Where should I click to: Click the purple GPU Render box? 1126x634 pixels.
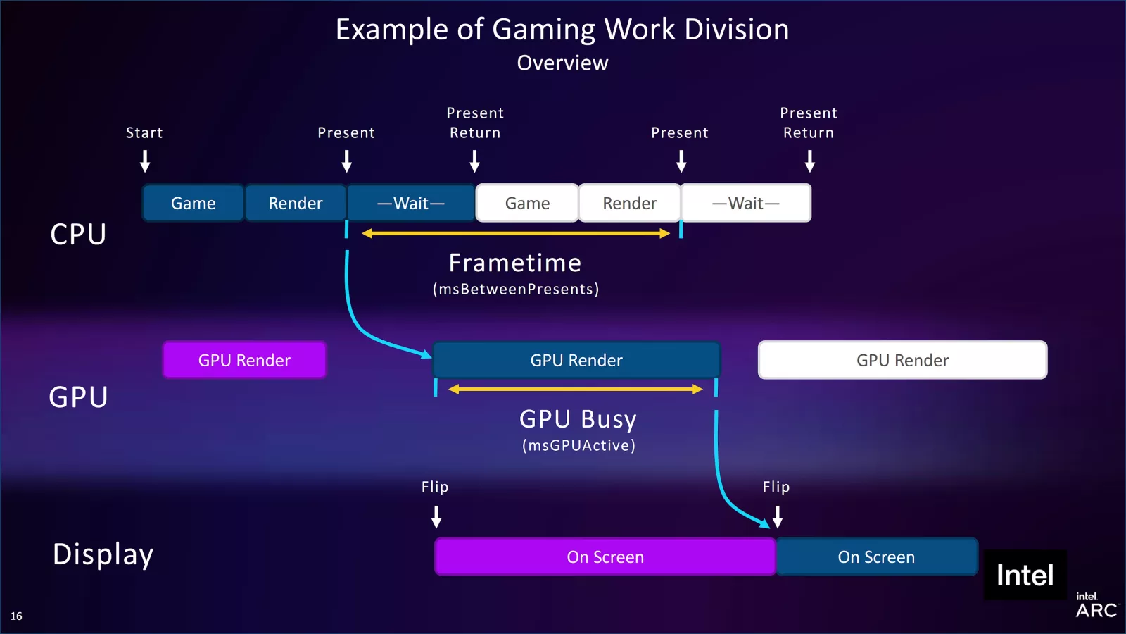pyautogui.click(x=244, y=360)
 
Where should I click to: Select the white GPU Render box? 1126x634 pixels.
pyautogui.click(x=902, y=360)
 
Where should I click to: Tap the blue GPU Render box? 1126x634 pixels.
pyautogui.click(x=576, y=360)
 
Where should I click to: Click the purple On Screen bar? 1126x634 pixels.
pyautogui.click(x=605, y=557)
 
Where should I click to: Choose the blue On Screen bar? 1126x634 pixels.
pyautogui.click(x=876, y=557)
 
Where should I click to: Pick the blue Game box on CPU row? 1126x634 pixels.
pyautogui.click(x=194, y=203)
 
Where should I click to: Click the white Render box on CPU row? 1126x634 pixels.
pyautogui.click(x=630, y=203)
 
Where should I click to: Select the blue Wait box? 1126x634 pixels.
pyautogui.click(x=411, y=203)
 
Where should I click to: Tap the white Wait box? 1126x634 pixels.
pyautogui.click(x=746, y=203)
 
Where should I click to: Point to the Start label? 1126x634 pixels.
pyautogui.click(x=144, y=132)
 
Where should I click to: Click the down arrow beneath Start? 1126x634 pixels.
pyautogui.click(x=145, y=162)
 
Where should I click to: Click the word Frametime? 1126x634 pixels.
pyautogui.click(x=515, y=263)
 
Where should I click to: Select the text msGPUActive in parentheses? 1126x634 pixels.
pyautogui.click(x=578, y=445)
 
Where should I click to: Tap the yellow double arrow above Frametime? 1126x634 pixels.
pyautogui.click(x=515, y=233)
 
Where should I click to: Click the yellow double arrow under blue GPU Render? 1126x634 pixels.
pyautogui.click(x=576, y=389)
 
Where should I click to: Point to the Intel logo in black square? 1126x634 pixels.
pyautogui.click(x=1025, y=576)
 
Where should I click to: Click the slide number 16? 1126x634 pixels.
pyautogui.click(x=16, y=616)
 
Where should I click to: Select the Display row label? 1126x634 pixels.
pyautogui.click(x=103, y=554)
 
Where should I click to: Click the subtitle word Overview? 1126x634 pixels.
pyautogui.click(x=562, y=63)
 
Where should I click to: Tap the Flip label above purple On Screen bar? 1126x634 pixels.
pyautogui.click(x=435, y=487)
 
